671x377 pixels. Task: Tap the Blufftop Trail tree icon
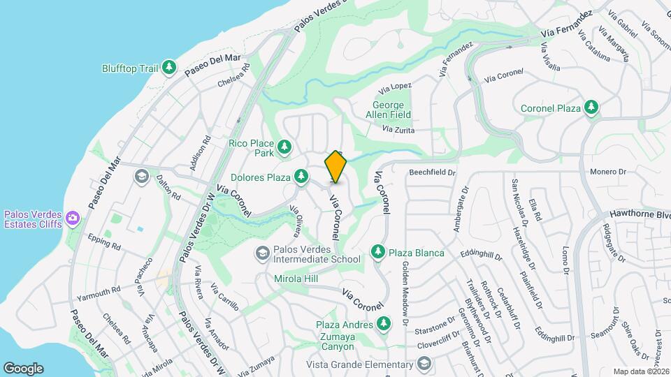pyautogui.click(x=168, y=68)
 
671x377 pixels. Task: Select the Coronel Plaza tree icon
pyautogui.click(x=592, y=108)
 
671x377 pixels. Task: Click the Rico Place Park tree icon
pyautogui.click(x=284, y=147)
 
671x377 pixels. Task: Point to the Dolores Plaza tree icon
pyautogui.click(x=301, y=177)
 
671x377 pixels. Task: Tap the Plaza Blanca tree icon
pyautogui.click(x=378, y=251)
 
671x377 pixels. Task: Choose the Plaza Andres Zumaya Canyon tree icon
pyautogui.click(x=382, y=323)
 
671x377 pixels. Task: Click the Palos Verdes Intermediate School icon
pyautogui.click(x=262, y=252)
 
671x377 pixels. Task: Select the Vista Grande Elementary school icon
pyautogui.click(x=424, y=364)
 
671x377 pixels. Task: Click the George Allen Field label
pyautogui.click(x=389, y=110)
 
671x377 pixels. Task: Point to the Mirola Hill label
pyautogui.click(x=296, y=279)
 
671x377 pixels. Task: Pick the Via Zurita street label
pyautogui.click(x=398, y=130)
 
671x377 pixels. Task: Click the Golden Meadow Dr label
pyautogui.click(x=404, y=293)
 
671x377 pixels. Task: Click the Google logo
pyautogui.click(x=23, y=368)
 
